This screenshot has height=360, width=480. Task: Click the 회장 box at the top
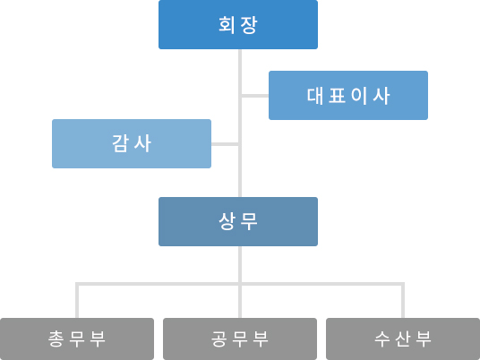238,24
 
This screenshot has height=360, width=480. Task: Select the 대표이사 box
348,95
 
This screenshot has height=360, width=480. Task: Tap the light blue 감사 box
132,143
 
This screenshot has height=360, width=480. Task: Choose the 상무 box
238,221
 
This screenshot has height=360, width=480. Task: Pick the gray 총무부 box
77,339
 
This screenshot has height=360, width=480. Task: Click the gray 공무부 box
240,339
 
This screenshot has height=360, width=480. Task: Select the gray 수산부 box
403,339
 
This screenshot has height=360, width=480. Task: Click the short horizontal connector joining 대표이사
255,96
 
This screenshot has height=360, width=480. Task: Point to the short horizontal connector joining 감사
225,144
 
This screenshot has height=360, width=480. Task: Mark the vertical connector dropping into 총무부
77,302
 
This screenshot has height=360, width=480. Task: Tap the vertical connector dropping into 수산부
403,302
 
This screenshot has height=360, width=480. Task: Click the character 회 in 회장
227,25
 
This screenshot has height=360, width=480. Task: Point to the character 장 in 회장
249,25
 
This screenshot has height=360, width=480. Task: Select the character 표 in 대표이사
337,96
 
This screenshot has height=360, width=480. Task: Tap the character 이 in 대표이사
359,96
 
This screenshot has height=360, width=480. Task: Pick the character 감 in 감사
120,143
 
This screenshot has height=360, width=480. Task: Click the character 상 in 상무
227,221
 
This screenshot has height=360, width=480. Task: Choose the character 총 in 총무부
56,339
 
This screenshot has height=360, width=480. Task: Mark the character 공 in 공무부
219,339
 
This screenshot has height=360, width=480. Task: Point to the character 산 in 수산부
403,339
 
